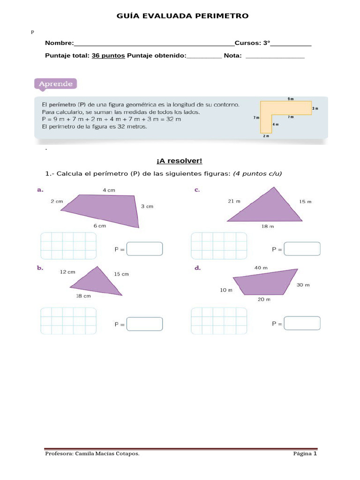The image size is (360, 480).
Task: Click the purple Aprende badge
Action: click(x=55, y=84)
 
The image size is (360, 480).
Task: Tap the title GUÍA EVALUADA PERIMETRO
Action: click(x=182, y=16)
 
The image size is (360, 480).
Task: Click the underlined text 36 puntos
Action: click(x=108, y=55)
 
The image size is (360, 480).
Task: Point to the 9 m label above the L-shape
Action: click(x=291, y=99)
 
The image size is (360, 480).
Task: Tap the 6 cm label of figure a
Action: click(x=100, y=225)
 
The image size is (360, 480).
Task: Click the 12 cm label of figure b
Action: click(x=67, y=272)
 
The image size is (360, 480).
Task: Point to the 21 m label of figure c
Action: click(x=234, y=201)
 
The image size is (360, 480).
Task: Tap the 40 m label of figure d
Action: click(x=261, y=268)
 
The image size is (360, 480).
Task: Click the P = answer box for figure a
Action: click(x=145, y=249)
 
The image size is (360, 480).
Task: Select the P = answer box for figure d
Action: click(x=302, y=323)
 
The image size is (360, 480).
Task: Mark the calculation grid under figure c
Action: click(x=219, y=246)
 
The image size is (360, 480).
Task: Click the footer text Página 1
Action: click(x=305, y=454)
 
